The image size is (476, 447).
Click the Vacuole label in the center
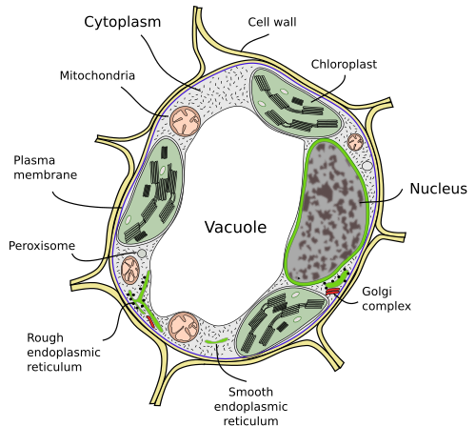click(x=235, y=227)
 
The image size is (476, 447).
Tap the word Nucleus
click(x=438, y=189)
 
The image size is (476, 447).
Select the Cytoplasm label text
click(x=123, y=22)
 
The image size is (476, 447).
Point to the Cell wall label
click(x=272, y=22)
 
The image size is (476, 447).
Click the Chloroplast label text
click(x=344, y=64)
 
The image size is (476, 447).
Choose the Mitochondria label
click(x=97, y=75)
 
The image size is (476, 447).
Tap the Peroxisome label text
click(x=42, y=246)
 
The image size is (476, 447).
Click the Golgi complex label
click(x=387, y=298)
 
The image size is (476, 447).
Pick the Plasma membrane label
click(x=46, y=168)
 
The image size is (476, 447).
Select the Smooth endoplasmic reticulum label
click(x=250, y=406)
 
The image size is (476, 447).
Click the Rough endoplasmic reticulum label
click(x=64, y=352)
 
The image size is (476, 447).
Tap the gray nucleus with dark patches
click(x=327, y=212)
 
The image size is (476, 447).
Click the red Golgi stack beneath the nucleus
click(x=332, y=291)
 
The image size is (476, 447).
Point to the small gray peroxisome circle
click(x=142, y=254)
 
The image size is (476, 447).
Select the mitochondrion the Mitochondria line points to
click(x=185, y=122)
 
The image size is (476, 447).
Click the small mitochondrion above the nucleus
click(x=355, y=142)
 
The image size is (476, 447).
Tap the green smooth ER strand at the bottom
click(x=216, y=341)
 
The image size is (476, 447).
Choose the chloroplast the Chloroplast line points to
click(x=297, y=102)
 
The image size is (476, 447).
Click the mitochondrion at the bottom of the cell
click(x=184, y=327)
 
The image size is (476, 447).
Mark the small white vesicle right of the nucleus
click(x=367, y=166)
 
